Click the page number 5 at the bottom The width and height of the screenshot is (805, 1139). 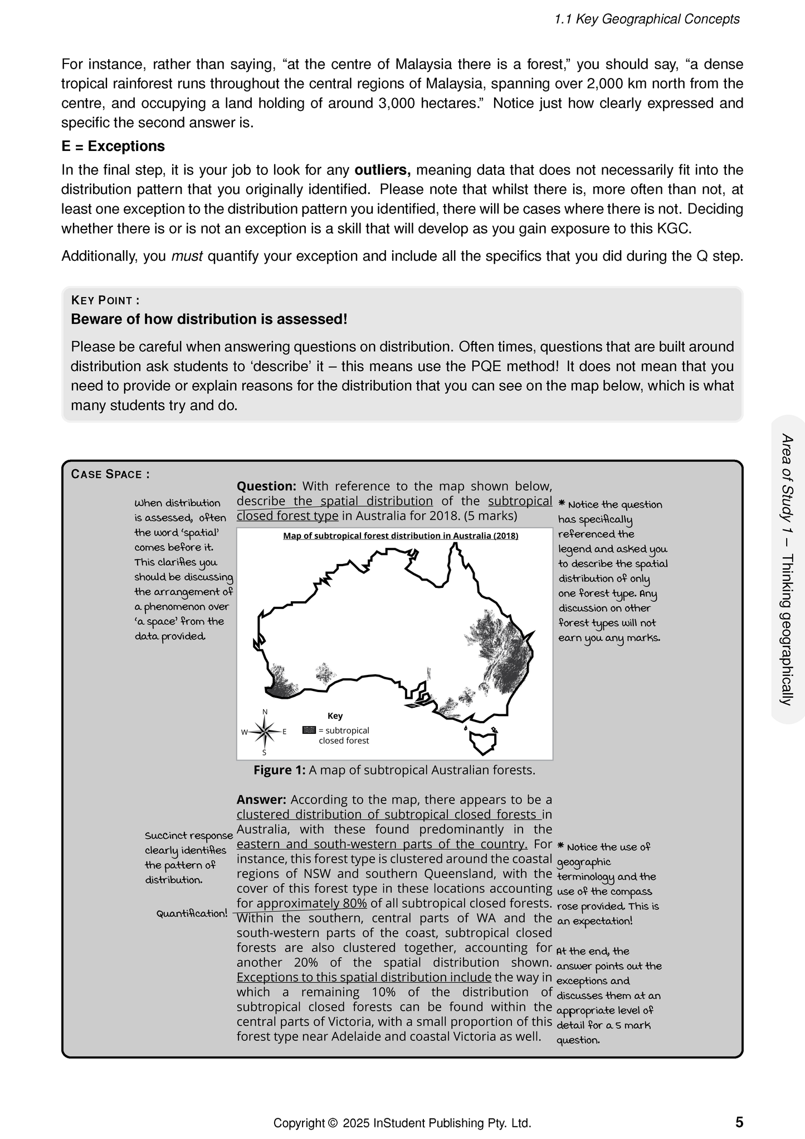(x=739, y=1122)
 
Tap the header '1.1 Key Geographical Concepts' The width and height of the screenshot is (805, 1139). (x=647, y=20)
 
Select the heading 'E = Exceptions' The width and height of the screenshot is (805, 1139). (x=113, y=147)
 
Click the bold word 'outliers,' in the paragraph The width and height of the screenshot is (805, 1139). (x=382, y=170)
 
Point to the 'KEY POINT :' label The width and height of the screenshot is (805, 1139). (x=105, y=301)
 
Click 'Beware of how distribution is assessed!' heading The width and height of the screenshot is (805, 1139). (x=209, y=319)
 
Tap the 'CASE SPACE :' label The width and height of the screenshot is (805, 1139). (x=110, y=474)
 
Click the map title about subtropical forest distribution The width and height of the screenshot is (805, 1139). (x=401, y=536)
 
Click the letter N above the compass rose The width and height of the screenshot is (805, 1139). (x=265, y=712)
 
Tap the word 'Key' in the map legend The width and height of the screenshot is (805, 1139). (x=335, y=716)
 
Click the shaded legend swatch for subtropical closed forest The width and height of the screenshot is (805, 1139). (x=309, y=730)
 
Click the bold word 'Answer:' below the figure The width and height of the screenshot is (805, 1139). (x=261, y=800)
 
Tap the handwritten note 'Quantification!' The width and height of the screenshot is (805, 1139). (x=192, y=913)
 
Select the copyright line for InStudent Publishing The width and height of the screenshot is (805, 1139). (x=402, y=1123)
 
